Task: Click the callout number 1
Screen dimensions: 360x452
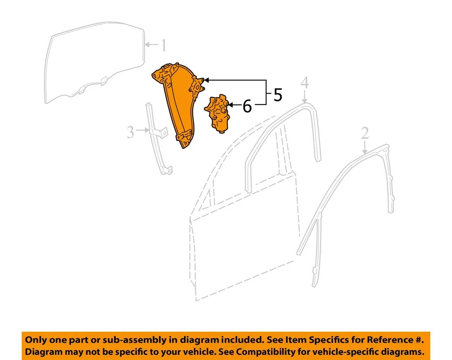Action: point(163,46)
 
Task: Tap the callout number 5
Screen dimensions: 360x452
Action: point(278,95)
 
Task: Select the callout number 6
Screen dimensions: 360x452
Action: point(247,107)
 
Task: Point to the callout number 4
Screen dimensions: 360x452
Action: point(305,83)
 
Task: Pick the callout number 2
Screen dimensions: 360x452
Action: point(365,134)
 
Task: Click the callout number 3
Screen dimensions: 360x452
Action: point(131,132)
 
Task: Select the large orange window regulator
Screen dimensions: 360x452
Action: point(179,104)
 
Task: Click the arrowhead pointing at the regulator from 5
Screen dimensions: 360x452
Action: point(206,80)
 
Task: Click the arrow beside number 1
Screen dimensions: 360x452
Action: point(150,45)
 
